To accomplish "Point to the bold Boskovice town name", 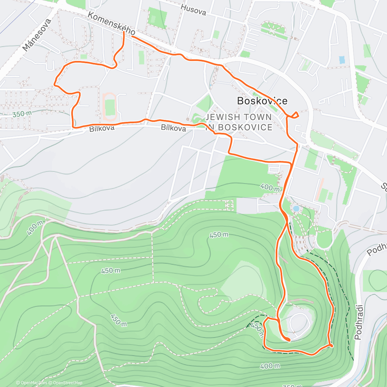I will (262, 101).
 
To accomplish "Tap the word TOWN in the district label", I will (256, 117).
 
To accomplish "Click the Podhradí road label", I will (359, 322).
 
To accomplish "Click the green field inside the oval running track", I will (110, 107).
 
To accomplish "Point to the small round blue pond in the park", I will (295, 209).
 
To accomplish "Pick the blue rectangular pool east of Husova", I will (342, 60).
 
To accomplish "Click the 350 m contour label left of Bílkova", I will (22, 114).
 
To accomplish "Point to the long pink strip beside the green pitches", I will (320, 189).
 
